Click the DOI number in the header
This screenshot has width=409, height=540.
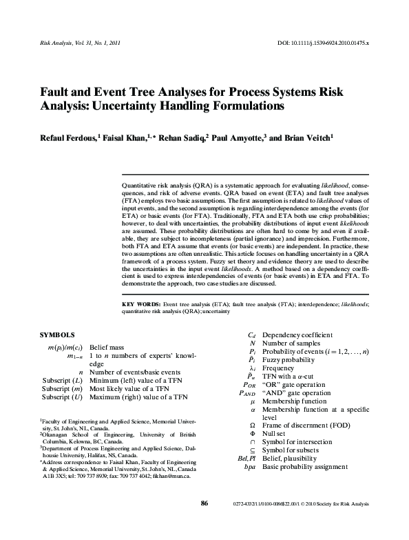click(332, 43)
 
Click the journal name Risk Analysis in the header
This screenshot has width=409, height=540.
click(49, 43)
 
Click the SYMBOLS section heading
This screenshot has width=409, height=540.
click(58, 334)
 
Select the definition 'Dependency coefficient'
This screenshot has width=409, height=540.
click(294, 334)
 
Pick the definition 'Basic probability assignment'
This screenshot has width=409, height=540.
click(305, 467)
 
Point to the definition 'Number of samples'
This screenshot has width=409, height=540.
click(290, 343)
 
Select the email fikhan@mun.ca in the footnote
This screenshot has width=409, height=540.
click(174, 475)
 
